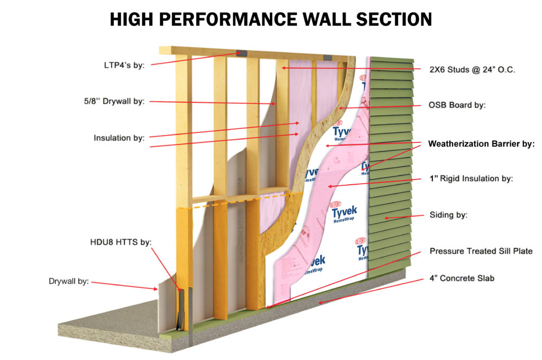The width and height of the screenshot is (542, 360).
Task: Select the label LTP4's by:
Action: [x=125, y=65]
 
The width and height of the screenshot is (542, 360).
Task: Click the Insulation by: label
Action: [x=119, y=138]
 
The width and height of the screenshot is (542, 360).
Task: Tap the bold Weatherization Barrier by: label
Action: [x=481, y=143]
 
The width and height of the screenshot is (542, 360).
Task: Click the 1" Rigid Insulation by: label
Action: [x=470, y=179]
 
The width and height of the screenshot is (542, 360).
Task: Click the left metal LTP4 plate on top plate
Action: [x=241, y=53]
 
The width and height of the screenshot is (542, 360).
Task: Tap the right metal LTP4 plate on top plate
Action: [x=327, y=56]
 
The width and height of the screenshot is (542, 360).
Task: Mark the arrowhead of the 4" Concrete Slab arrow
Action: [x=319, y=303]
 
